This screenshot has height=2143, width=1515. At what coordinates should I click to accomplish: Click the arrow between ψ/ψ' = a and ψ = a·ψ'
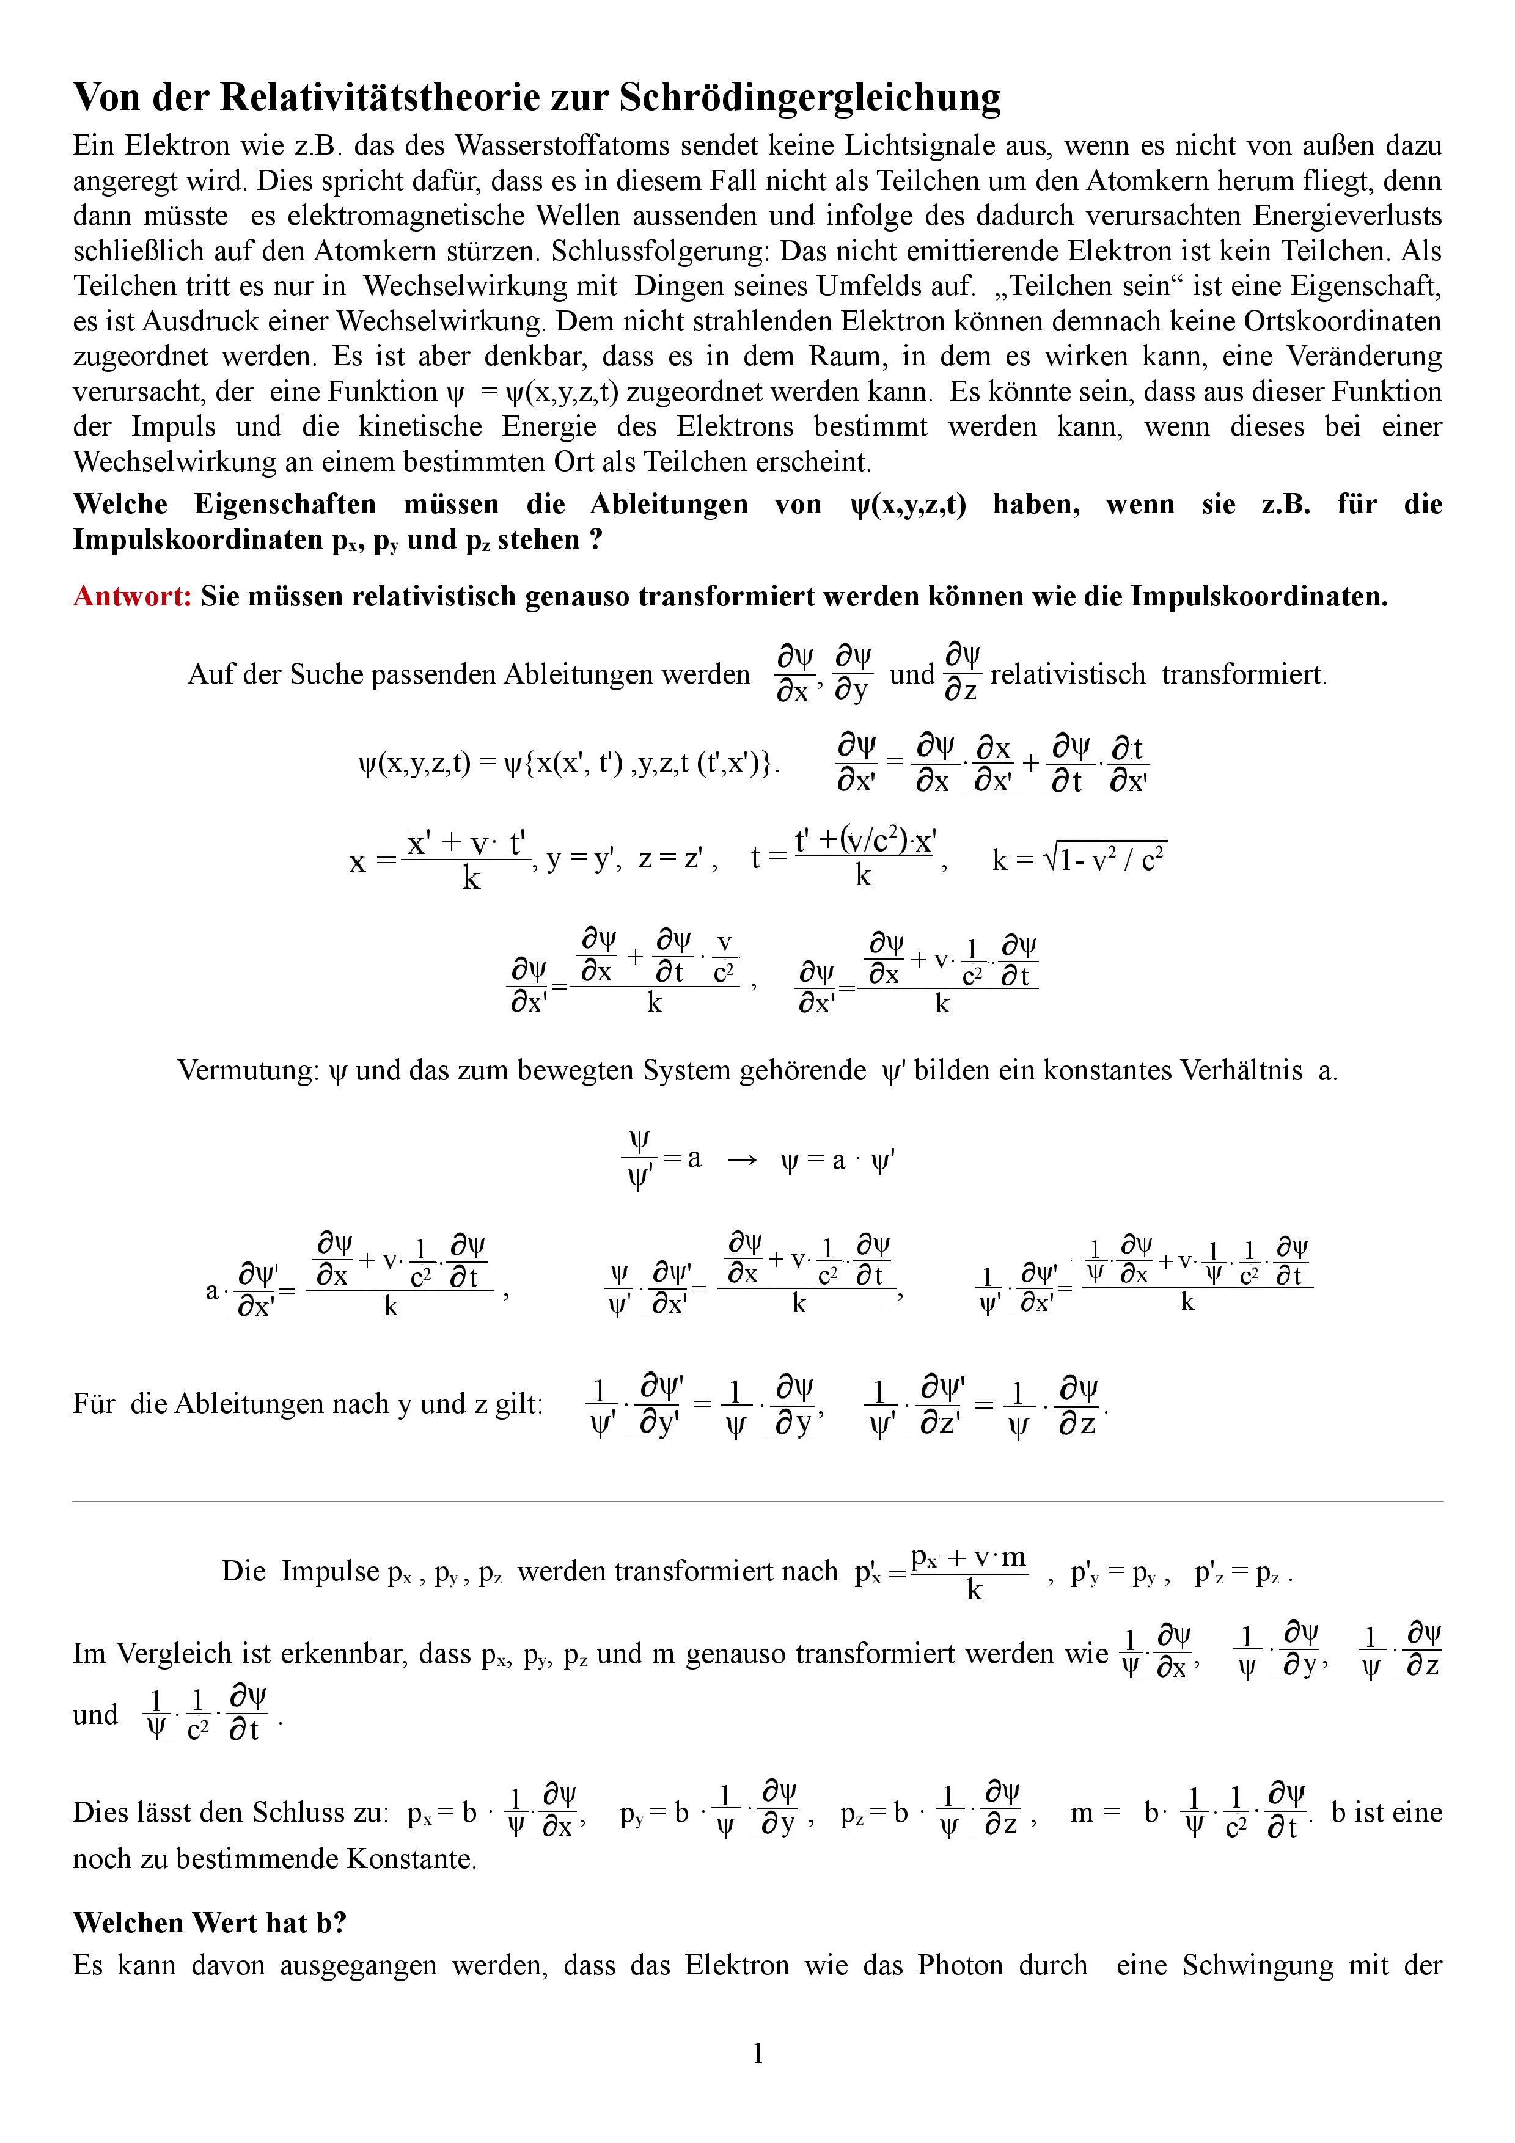tap(741, 1160)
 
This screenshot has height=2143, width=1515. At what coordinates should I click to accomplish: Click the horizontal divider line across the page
tap(757, 1502)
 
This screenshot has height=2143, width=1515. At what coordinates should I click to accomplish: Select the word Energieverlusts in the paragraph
tap(1347, 216)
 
